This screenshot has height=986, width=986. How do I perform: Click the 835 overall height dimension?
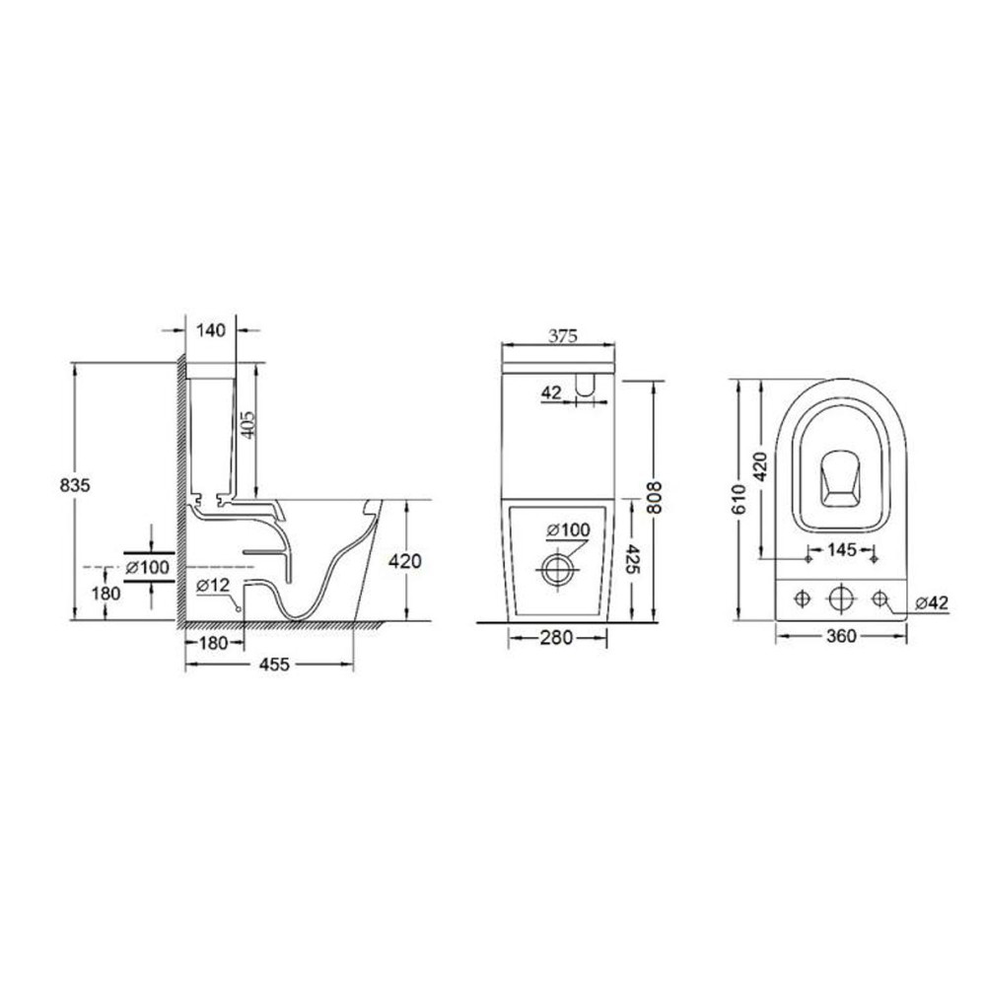(75, 485)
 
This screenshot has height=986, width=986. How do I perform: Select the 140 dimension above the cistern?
(211, 330)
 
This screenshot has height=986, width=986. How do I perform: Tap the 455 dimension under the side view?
(274, 664)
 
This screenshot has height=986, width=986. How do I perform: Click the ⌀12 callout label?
(213, 585)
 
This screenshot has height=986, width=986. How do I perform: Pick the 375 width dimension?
(562, 336)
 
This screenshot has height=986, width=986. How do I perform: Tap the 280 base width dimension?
(556, 638)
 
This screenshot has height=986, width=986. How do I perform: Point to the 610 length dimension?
(739, 499)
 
